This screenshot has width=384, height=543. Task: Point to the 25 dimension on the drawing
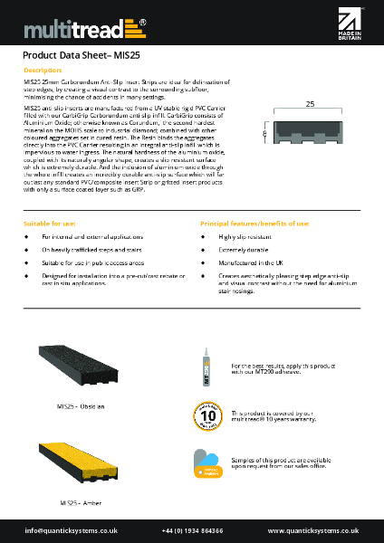click(x=310, y=105)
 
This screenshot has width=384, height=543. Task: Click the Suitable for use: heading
click(x=52, y=223)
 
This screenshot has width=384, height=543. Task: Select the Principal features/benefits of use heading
click(x=254, y=223)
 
